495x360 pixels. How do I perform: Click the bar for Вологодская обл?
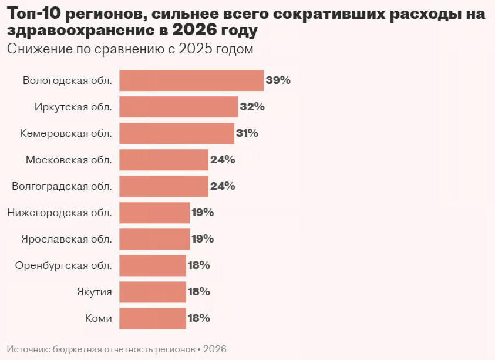pos(191,80)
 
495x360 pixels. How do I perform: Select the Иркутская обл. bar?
pos(179,107)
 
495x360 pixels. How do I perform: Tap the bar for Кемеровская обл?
pos(176,133)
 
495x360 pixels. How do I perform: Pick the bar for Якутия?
pos(153,292)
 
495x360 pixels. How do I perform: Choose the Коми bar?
pos(153,318)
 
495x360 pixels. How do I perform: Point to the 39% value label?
pos(278,80)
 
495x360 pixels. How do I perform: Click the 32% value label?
pos(252,107)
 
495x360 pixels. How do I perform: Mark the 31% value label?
pos(247,133)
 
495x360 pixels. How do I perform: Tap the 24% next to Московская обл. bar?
pos(223,160)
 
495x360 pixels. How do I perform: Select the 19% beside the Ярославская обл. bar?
pos(203,239)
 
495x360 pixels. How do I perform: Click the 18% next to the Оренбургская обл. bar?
pos(198,265)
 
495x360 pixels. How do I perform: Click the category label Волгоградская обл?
pos(62,186)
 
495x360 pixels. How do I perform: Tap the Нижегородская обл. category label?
pos(59,213)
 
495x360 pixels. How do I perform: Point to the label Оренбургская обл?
pos(63,265)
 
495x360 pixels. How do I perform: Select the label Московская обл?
pos(69,160)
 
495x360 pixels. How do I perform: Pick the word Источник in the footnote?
pos(28,349)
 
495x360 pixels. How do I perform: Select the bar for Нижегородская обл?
pos(154,213)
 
